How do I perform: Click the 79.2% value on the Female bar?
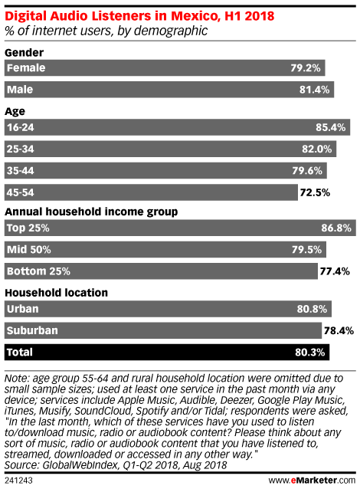click(306, 67)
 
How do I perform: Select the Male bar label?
click(20, 90)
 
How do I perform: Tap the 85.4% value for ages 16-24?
click(330, 127)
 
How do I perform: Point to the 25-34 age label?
click(20, 149)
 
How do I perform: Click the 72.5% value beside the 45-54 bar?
click(315, 192)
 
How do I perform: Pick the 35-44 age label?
click(20, 171)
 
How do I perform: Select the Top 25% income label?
click(28, 228)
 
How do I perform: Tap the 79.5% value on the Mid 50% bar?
click(306, 250)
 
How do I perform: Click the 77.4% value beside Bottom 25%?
click(335, 271)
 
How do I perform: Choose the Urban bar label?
click(23, 309)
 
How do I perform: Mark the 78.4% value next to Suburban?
click(339, 330)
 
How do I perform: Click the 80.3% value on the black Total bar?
click(310, 353)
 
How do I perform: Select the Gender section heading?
click(24, 52)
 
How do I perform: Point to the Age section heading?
click(15, 112)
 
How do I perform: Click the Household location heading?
click(57, 293)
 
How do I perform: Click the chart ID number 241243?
click(18, 481)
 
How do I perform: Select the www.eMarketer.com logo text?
click(312, 481)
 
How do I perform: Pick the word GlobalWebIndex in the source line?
click(80, 465)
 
